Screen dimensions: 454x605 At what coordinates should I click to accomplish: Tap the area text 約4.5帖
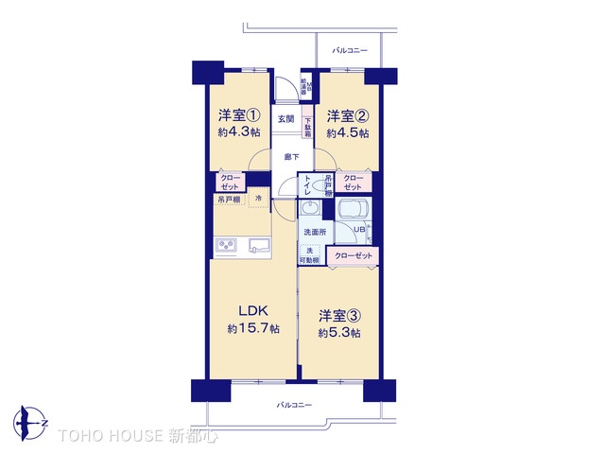click(x=348, y=133)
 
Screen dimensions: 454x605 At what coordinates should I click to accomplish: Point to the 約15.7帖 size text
click(x=253, y=329)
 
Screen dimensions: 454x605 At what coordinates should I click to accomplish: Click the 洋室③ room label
click(x=338, y=315)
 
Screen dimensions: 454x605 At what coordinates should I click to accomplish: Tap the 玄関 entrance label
click(x=285, y=119)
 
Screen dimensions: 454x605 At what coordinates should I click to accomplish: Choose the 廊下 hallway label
click(x=291, y=157)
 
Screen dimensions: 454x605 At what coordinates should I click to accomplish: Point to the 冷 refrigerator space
click(x=260, y=199)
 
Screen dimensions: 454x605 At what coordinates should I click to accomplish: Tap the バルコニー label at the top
click(x=349, y=49)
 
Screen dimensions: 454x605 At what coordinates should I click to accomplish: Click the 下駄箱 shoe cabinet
click(x=308, y=127)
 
